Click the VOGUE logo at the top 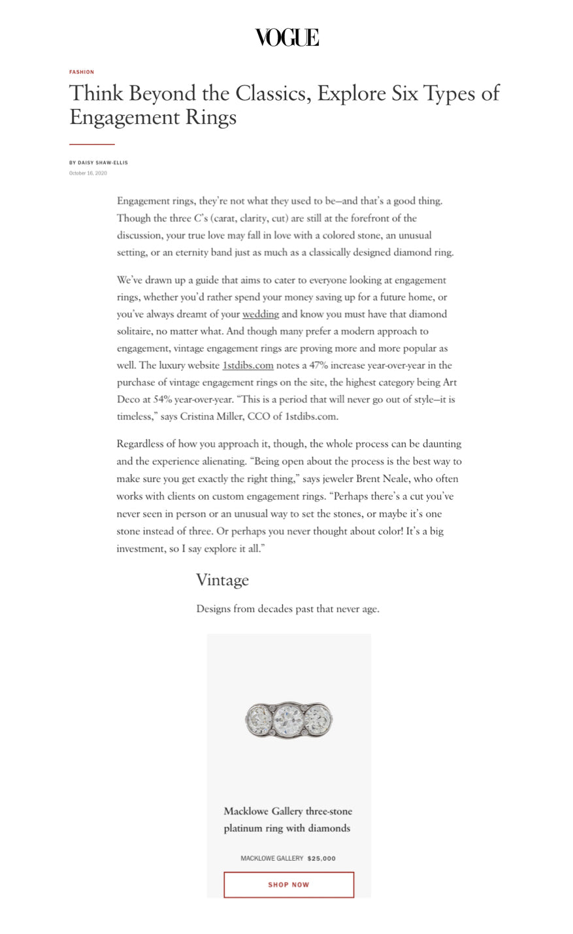point(287,38)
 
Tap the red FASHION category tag point(82,72)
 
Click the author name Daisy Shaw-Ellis point(103,163)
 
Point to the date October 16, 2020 point(88,173)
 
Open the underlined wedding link point(261,314)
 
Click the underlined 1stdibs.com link point(248,365)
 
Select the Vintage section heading point(222,580)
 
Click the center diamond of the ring point(288,720)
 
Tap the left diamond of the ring point(257,720)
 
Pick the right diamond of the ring point(319,720)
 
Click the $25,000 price point(321,858)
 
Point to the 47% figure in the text point(319,365)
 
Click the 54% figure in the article point(163,399)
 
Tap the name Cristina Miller point(217,416)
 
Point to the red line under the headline point(92,144)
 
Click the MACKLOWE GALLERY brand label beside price point(272,858)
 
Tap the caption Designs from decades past point(287,609)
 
